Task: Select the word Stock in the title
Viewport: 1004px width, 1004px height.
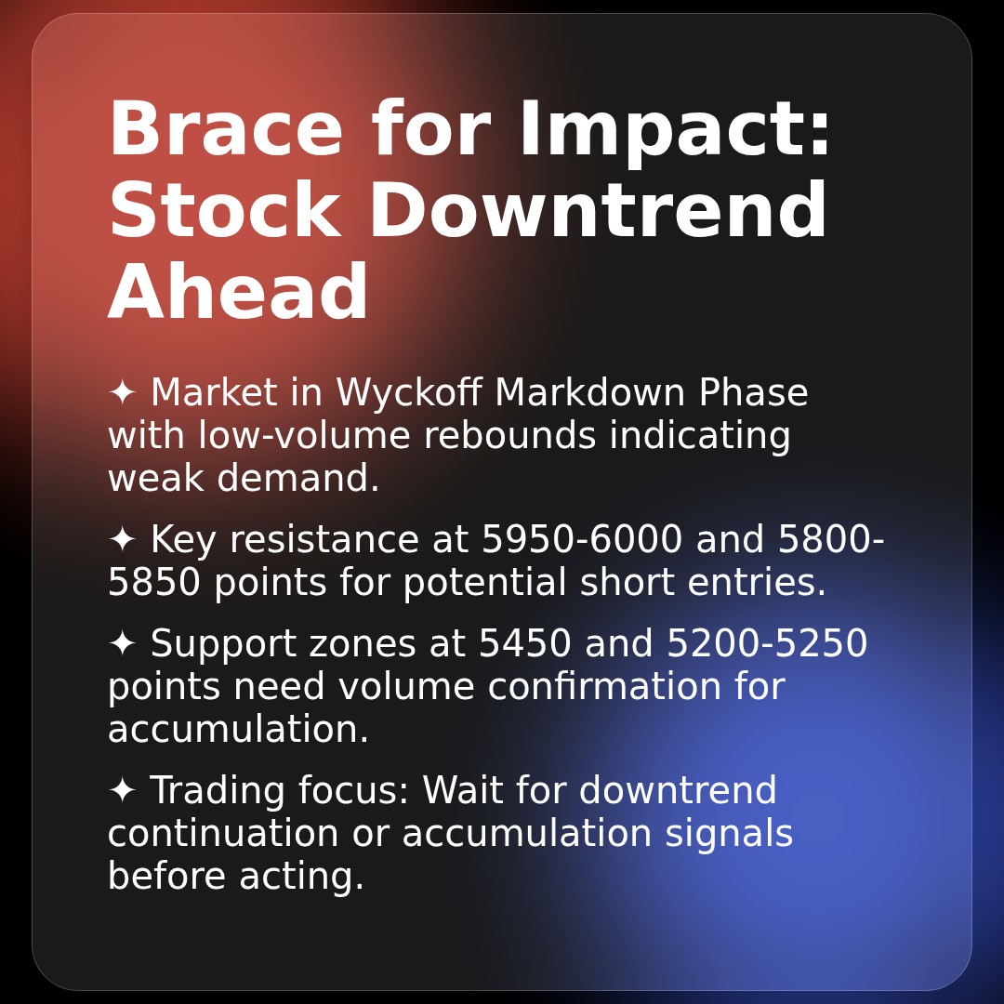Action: coord(224,212)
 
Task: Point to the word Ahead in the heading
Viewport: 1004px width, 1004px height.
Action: coord(239,294)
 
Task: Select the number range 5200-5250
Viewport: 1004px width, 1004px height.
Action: coord(767,644)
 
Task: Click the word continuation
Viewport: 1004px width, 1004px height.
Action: coord(222,834)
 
